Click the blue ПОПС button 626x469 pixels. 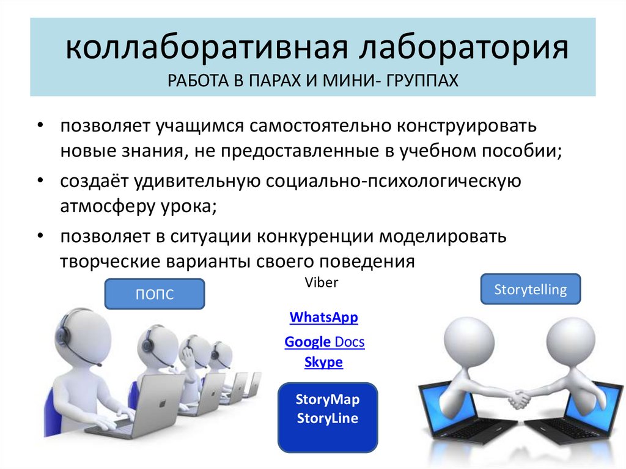point(155,294)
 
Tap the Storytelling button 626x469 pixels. point(530,289)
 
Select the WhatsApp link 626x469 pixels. point(323,318)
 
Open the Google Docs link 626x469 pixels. point(325,342)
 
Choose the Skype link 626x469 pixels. point(323,363)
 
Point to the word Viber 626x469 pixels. point(320,283)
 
